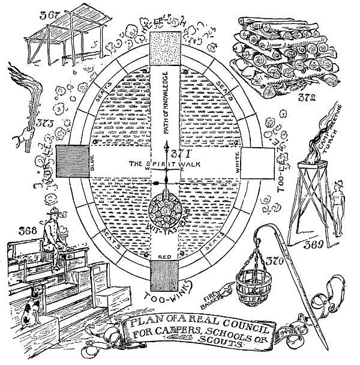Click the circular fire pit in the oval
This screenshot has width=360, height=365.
click(166, 210)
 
